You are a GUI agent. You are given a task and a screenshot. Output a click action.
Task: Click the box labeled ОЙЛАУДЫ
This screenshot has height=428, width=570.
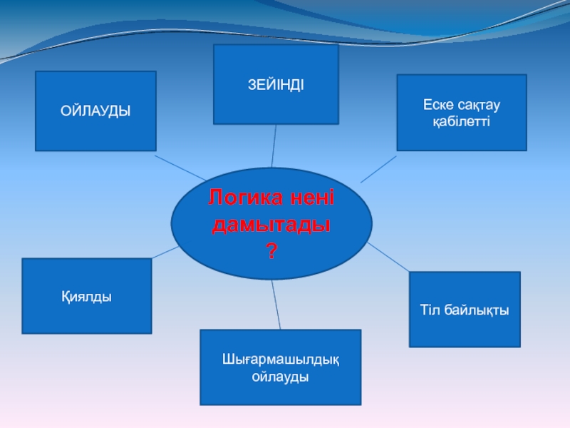click(x=95, y=111)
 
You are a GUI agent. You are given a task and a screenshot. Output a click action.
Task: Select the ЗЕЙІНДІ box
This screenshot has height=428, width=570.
click(x=276, y=84)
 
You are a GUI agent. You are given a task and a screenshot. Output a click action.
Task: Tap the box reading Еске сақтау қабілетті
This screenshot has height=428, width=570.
click(x=461, y=113)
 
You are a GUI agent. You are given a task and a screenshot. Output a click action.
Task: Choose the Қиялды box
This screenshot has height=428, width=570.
click(x=86, y=296)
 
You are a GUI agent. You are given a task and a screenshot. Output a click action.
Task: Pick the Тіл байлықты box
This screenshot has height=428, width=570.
click(x=465, y=310)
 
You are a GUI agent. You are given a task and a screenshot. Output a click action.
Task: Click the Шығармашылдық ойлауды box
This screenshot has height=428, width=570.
click(x=280, y=367)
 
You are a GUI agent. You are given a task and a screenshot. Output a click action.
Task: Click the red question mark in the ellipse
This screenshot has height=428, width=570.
click(x=271, y=250)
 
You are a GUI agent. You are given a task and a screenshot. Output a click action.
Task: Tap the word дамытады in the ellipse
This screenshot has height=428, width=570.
click(x=271, y=225)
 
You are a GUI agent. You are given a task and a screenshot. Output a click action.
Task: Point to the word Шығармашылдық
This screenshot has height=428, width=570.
click(x=280, y=360)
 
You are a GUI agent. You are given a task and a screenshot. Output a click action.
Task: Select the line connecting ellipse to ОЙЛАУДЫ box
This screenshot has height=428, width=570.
click(x=181, y=166)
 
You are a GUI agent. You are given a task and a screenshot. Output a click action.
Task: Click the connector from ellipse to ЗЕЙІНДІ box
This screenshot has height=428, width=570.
click(x=274, y=146)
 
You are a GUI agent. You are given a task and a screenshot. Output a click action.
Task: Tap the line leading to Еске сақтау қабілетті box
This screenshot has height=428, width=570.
click(x=378, y=169)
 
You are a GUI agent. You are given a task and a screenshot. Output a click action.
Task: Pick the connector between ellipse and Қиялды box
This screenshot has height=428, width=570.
click(x=165, y=252)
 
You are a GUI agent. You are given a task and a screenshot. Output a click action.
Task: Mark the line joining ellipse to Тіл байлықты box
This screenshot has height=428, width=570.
click(x=388, y=257)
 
